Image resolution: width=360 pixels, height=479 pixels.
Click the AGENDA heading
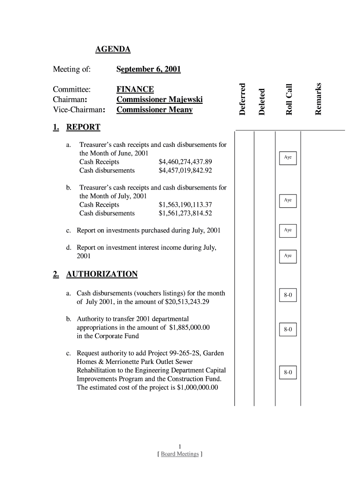click(x=113, y=49)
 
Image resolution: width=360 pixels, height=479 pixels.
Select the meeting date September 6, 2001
click(x=148, y=70)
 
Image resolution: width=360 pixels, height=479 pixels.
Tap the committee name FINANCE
click(x=135, y=89)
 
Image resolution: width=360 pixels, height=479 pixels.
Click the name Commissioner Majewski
click(x=159, y=100)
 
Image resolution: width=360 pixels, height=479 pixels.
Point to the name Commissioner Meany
click(x=154, y=110)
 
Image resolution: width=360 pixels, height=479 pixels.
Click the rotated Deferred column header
click(x=242, y=99)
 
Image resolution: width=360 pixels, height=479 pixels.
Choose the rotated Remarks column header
click(x=318, y=98)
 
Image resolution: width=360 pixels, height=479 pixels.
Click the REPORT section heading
click(x=83, y=127)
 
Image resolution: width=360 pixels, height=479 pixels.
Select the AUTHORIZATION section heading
click(x=102, y=274)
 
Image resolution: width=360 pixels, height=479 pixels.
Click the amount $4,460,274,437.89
click(x=185, y=162)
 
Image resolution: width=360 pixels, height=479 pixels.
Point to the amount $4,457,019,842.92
click(x=185, y=170)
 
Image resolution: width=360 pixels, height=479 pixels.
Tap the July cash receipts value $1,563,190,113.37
click(x=185, y=204)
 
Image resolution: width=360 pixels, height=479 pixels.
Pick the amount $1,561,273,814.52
click(x=185, y=213)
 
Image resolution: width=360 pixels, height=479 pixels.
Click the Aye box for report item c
click(x=288, y=230)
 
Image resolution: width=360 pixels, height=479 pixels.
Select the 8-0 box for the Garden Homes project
click(x=288, y=373)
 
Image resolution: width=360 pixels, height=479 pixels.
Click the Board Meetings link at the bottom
click(x=180, y=454)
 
